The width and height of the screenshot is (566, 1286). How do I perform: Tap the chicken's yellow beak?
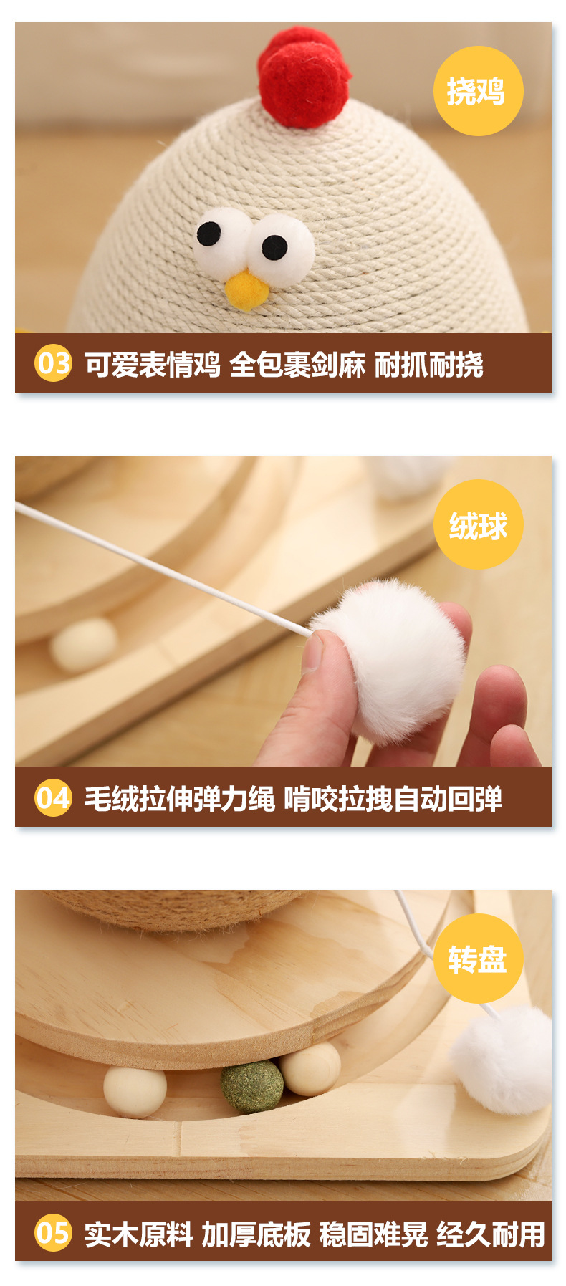(247, 290)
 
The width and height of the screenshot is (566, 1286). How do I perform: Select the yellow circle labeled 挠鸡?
(478, 91)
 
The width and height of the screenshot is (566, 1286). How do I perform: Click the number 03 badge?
(53, 363)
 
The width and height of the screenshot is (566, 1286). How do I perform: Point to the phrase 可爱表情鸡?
(152, 364)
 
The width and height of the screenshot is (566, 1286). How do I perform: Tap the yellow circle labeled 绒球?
(478, 524)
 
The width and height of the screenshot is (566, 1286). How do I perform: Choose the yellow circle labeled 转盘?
(478, 959)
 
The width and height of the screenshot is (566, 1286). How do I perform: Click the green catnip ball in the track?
(251, 1087)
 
